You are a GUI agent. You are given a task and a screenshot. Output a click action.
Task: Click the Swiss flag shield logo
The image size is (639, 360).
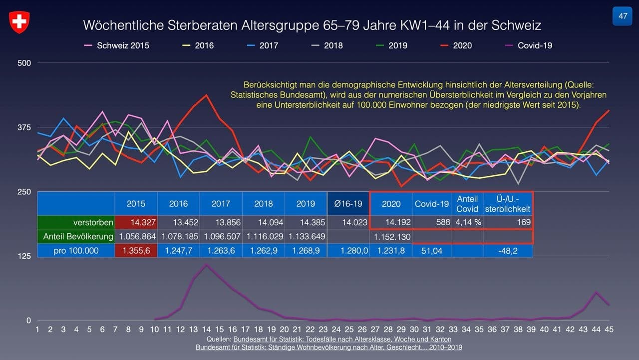point(19,22)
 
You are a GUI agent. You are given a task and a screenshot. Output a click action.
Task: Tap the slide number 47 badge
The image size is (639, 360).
point(623,16)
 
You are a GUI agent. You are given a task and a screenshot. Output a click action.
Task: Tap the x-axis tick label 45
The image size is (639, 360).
point(609,330)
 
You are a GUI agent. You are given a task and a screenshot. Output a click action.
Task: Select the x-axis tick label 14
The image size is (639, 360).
point(206,330)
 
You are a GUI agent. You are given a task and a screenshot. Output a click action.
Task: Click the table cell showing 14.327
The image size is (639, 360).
point(136,222)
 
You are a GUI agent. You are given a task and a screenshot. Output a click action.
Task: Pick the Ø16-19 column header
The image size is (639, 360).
point(348,204)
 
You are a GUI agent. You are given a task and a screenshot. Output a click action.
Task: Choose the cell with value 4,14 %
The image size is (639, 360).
point(467,222)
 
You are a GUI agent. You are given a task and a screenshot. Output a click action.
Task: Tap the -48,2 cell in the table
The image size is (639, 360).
point(508,250)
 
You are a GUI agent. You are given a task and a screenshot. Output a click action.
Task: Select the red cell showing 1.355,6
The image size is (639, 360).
point(136,250)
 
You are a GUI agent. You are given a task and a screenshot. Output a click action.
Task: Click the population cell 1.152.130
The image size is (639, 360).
point(391,237)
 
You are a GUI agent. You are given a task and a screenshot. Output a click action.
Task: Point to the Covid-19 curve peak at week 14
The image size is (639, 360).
point(206,265)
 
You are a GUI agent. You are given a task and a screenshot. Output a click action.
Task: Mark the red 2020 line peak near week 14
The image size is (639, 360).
point(206,95)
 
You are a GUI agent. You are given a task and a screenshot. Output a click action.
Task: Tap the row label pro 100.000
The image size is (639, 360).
point(76,250)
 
